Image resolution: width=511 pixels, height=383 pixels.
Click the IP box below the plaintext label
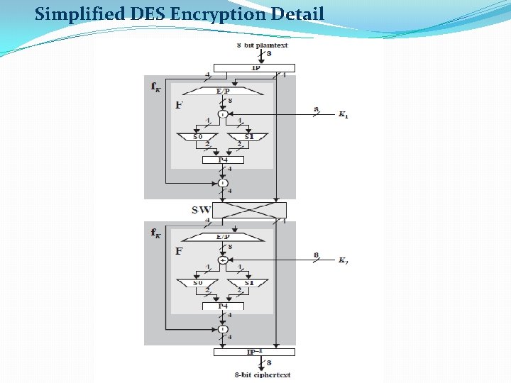point(254,68)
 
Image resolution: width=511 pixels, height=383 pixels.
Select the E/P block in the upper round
point(223,91)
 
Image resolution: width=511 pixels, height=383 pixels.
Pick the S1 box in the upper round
point(247,135)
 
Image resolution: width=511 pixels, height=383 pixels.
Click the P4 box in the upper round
point(223,160)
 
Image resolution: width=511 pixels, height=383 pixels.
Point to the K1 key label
point(342,113)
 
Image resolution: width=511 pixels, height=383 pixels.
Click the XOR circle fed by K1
point(223,113)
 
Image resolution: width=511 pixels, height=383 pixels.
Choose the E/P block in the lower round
point(223,237)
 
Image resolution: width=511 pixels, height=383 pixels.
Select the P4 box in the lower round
point(223,306)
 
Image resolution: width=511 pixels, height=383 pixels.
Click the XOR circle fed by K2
point(223,260)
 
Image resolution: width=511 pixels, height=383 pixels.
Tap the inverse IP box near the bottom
point(254,352)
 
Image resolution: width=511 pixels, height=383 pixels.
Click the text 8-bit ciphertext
point(263,374)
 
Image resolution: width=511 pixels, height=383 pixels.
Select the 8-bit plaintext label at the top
point(262,45)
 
